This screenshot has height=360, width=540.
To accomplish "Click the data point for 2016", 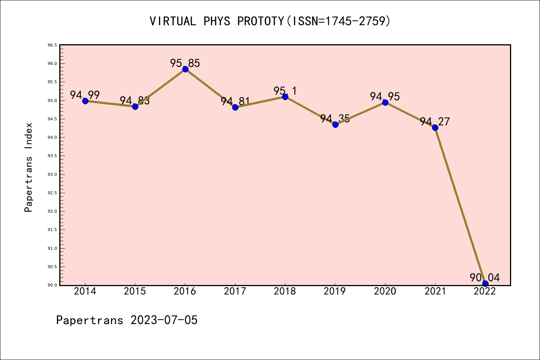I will coord(185,69).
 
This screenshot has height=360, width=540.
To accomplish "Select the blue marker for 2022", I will coord(485,283).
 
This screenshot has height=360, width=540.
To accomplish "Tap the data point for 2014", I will coord(85,101).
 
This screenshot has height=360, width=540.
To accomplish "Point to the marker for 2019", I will coord(335,124).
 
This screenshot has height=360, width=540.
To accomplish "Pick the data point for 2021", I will coord(435,127).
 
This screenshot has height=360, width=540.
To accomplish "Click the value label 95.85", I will coord(185,63).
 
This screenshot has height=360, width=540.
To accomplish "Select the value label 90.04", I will coord(485,277).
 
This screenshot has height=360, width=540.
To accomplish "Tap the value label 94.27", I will coord(435,121).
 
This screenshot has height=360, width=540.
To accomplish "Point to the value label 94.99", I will coord(85,95).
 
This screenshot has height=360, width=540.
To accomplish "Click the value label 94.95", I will coord(385,96).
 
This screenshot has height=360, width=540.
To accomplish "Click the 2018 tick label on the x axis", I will coord(285,291).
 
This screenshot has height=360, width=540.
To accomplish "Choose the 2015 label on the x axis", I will coord(135,291).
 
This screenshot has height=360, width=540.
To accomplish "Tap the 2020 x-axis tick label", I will coord(385,291).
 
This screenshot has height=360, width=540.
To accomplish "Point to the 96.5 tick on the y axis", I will coord(52,45).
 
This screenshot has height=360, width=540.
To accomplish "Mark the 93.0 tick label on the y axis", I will coord(52,174).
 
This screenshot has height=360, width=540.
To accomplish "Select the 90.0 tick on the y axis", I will coord(52,285).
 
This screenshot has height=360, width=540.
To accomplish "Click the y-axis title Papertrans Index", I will coord(28,167).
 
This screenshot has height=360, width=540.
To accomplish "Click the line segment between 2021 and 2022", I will coord(460,205).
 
